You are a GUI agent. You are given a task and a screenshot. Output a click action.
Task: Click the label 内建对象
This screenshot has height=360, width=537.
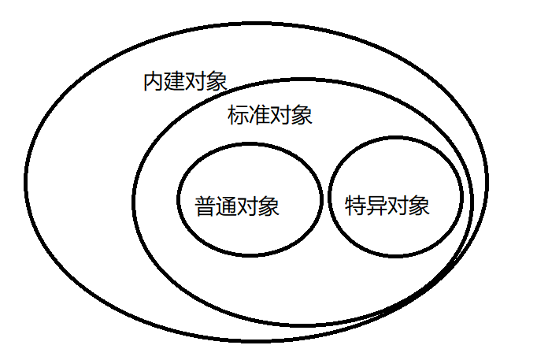(x=186, y=82)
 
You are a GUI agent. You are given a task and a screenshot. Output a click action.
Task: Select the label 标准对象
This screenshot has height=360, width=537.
(x=270, y=116)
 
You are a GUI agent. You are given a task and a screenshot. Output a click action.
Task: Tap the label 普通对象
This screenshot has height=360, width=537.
(x=237, y=207)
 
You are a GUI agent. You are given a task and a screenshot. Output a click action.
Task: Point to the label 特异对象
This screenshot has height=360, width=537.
(x=387, y=206)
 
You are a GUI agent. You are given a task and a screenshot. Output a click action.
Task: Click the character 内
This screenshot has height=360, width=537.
(x=154, y=82)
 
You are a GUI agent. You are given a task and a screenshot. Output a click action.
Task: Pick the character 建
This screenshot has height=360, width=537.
(x=175, y=82)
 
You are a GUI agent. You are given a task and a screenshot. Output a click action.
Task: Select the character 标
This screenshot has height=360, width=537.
(x=238, y=116)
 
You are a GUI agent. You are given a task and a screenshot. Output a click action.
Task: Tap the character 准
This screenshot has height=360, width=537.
(x=259, y=116)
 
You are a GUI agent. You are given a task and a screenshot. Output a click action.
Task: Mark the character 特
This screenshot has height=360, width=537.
(x=356, y=206)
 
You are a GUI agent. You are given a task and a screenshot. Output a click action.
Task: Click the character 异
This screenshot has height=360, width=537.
(x=377, y=206)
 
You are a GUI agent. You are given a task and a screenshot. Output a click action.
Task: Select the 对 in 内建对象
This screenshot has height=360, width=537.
(x=196, y=82)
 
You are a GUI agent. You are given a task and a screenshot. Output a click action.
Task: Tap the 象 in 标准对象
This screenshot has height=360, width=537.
(x=302, y=116)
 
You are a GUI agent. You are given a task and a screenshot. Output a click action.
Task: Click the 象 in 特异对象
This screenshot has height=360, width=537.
(x=420, y=206)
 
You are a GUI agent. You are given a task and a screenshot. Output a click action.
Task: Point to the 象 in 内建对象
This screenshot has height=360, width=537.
(x=217, y=82)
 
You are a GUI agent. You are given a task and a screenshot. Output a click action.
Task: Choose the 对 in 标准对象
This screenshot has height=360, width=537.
(x=280, y=116)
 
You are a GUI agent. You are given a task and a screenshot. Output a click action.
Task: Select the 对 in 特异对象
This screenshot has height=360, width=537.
(x=398, y=206)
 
